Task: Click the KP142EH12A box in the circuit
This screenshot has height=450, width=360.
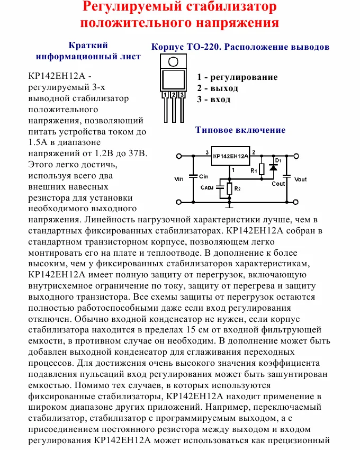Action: pyautogui.click(x=230, y=156)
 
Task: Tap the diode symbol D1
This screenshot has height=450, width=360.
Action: pyautogui.click(x=273, y=167)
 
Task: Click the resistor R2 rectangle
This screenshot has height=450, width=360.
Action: pyautogui.click(x=229, y=188)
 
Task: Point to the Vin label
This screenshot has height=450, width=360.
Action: pyautogui.click(x=178, y=179)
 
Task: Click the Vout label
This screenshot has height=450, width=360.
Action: pyautogui.click(x=300, y=179)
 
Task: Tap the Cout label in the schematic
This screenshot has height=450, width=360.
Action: pyautogui.click(x=278, y=184)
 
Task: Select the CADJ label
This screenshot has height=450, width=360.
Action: pyautogui.click(x=207, y=187)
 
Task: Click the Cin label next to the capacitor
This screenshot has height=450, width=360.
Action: pyautogui.click(x=204, y=175)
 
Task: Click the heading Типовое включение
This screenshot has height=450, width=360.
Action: pyautogui.click(x=240, y=130)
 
